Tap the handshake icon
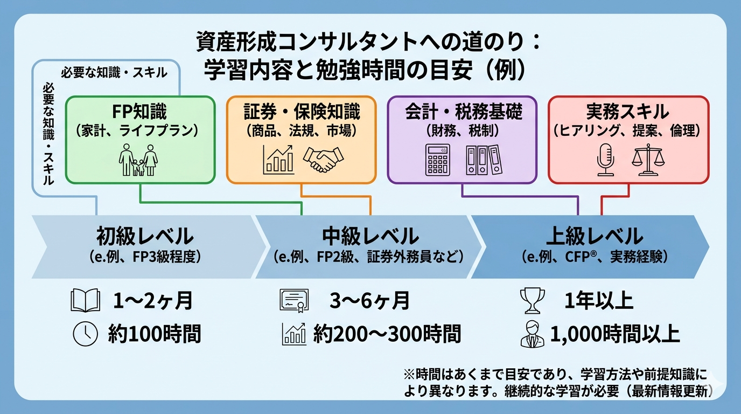click(323, 159)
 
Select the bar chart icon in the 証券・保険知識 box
click(278, 159)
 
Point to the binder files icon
click(483, 160)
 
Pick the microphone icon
click(605, 160)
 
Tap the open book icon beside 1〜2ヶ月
click(86, 301)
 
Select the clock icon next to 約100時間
click(86, 334)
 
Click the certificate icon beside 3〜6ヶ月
click(294, 301)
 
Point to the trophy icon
click(532, 301)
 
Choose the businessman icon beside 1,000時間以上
click(532, 334)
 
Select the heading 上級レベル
click(595, 236)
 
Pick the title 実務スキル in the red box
click(627, 111)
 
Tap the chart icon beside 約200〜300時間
click(294, 334)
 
